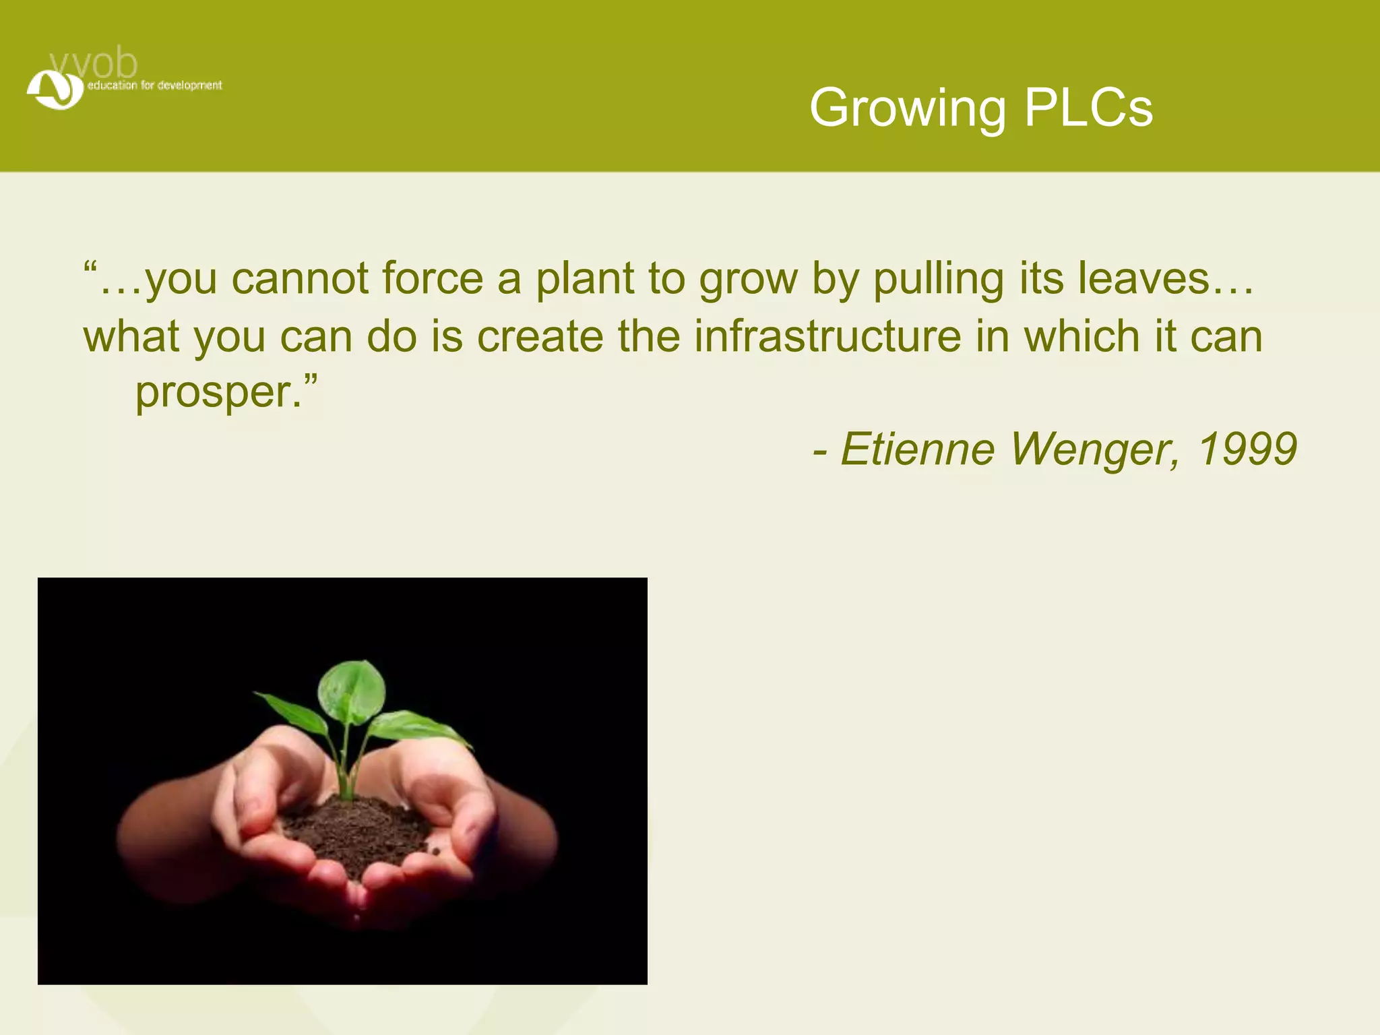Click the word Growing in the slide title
coord(907,108)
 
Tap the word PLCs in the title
coord(1088,108)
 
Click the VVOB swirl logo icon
coord(55,90)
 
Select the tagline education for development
coord(154,86)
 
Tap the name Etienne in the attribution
coord(917,449)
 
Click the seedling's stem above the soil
coord(348,768)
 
